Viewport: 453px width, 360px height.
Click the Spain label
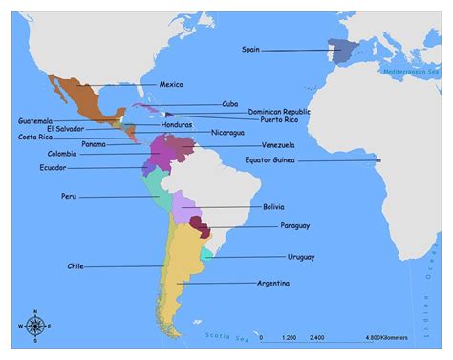click(x=251, y=48)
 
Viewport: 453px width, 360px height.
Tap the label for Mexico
click(x=171, y=85)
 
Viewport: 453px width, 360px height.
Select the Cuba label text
click(x=230, y=103)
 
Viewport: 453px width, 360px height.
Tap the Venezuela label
click(x=277, y=145)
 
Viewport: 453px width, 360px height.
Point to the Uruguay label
click(x=302, y=257)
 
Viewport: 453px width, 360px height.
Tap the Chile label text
click(x=75, y=265)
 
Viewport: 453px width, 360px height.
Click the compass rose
click(x=35, y=326)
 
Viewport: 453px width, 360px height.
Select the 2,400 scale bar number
click(x=317, y=337)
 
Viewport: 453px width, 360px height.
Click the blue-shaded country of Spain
click(x=340, y=51)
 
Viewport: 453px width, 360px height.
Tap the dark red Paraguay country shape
click(x=200, y=225)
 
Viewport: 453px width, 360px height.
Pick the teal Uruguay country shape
click(x=207, y=256)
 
